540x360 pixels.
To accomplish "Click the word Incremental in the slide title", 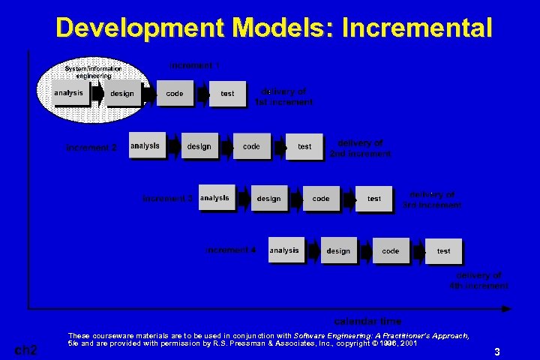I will (x=417, y=28).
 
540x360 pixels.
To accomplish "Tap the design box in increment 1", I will (x=122, y=94).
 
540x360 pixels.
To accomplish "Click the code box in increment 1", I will (x=175, y=94).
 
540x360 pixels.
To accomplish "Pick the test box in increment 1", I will (x=227, y=94).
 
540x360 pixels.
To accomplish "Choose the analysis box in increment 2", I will (x=146, y=146).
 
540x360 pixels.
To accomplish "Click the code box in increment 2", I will (x=252, y=146).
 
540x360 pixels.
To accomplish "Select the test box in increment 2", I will (x=304, y=147).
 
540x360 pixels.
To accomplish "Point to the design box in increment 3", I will (x=268, y=199).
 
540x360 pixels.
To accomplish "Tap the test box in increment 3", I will (x=374, y=199).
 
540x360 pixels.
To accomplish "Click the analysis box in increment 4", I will (x=285, y=250).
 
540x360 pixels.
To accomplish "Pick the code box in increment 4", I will (x=391, y=251).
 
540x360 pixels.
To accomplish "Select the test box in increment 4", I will (x=444, y=251).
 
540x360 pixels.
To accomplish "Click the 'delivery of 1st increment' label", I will (x=284, y=97).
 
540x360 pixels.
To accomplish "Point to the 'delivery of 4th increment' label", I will (x=478, y=280).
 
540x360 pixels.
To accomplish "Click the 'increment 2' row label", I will (x=91, y=148).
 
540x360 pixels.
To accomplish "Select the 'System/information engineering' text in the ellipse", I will (x=93, y=72).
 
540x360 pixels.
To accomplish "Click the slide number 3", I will (x=496, y=351).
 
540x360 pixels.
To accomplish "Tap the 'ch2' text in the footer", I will (x=27, y=349).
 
